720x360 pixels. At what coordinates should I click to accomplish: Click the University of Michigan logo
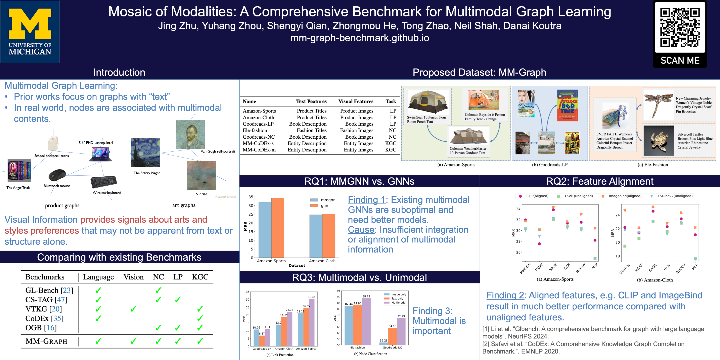click(30, 31)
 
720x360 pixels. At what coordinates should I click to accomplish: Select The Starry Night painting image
click(146, 153)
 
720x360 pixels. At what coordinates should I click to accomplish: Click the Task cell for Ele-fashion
click(392, 130)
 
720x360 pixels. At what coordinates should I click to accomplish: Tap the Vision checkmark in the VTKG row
click(133, 309)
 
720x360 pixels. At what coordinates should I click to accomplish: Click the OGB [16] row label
click(41, 328)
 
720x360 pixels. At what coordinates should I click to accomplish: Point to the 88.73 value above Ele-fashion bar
click(366, 296)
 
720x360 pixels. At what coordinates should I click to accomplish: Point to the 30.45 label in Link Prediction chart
click(311, 297)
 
